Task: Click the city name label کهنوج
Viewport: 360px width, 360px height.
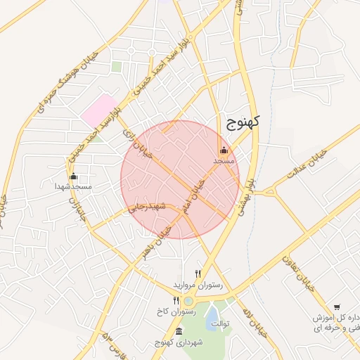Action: (243, 122)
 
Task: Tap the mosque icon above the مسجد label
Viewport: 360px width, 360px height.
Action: (224, 150)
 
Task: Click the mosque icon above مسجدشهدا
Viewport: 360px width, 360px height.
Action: (74, 176)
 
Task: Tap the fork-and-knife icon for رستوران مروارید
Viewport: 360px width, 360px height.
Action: (198, 274)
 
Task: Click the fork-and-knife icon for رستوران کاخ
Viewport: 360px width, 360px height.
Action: (176, 301)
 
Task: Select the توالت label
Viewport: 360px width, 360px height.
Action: (221, 323)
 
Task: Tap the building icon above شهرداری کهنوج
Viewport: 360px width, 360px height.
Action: (179, 332)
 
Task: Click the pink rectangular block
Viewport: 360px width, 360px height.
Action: (98, 111)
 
